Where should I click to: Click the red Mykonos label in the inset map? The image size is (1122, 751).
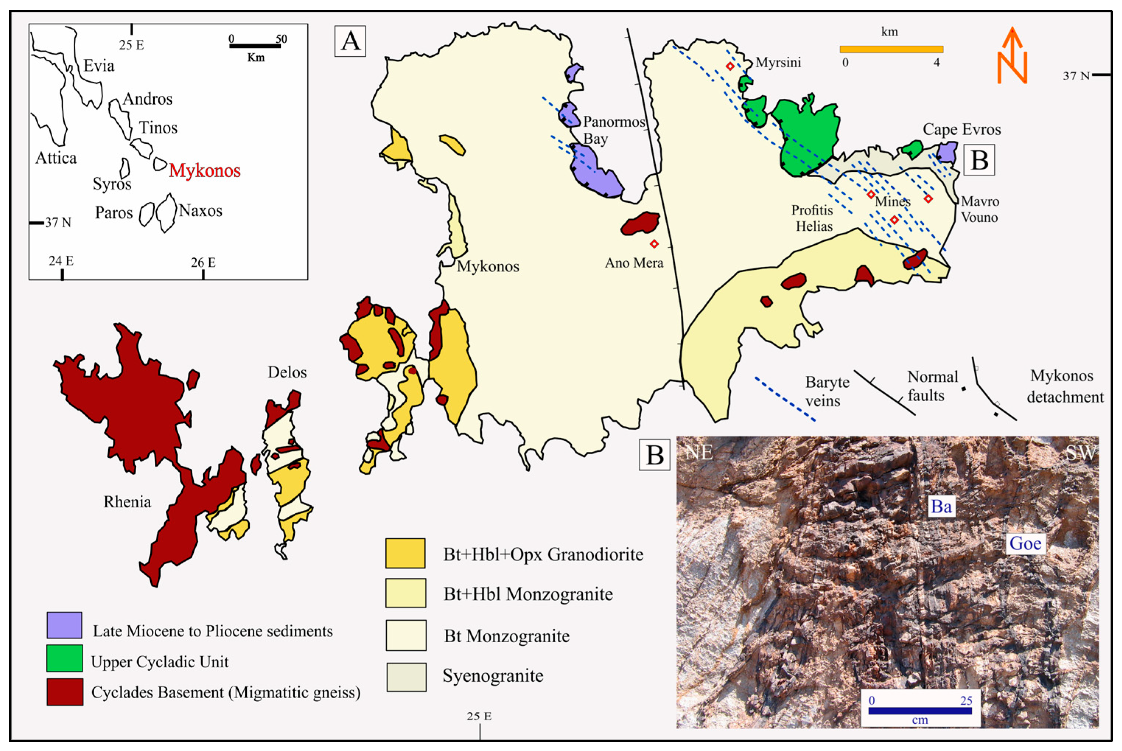(x=204, y=171)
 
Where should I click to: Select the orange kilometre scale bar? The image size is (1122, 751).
(x=891, y=49)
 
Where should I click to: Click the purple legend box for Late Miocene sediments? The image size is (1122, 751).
(x=64, y=625)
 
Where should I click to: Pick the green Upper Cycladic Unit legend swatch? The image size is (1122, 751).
(x=64, y=658)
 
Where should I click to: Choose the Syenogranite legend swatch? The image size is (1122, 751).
(x=406, y=677)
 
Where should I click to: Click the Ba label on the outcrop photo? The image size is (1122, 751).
(x=941, y=506)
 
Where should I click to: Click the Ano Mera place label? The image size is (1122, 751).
(x=634, y=263)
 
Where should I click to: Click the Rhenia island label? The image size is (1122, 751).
(x=127, y=502)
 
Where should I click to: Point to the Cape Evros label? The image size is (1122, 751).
(x=962, y=129)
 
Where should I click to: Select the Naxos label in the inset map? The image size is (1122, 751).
(x=200, y=211)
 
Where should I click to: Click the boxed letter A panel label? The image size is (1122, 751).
(x=350, y=41)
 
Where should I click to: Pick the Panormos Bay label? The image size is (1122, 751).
(x=613, y=130)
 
